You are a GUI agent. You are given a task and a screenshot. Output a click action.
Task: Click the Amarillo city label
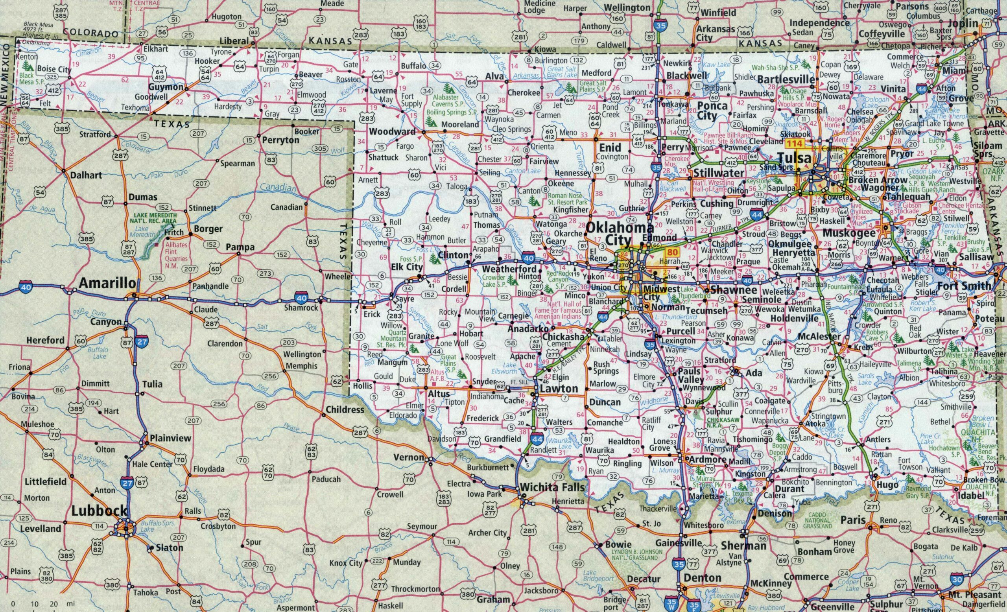(x=107, y=283)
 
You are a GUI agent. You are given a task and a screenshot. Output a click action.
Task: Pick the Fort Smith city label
(x=964, y=286)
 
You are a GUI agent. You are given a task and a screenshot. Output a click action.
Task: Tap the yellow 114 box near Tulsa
(x=794, y=144)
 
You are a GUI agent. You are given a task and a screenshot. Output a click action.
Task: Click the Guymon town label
(x=166, y=87)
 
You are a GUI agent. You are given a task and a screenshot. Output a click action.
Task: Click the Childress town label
(x=345, y=409)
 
